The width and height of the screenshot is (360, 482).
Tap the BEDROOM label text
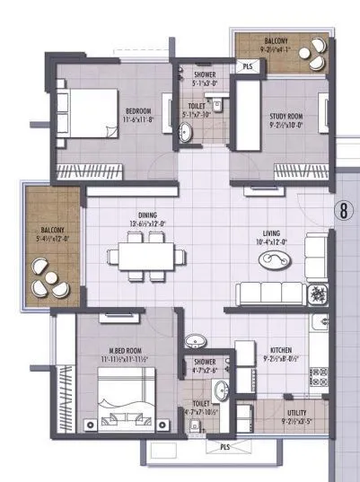point(141,112)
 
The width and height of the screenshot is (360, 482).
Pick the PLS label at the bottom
point(224,445)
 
